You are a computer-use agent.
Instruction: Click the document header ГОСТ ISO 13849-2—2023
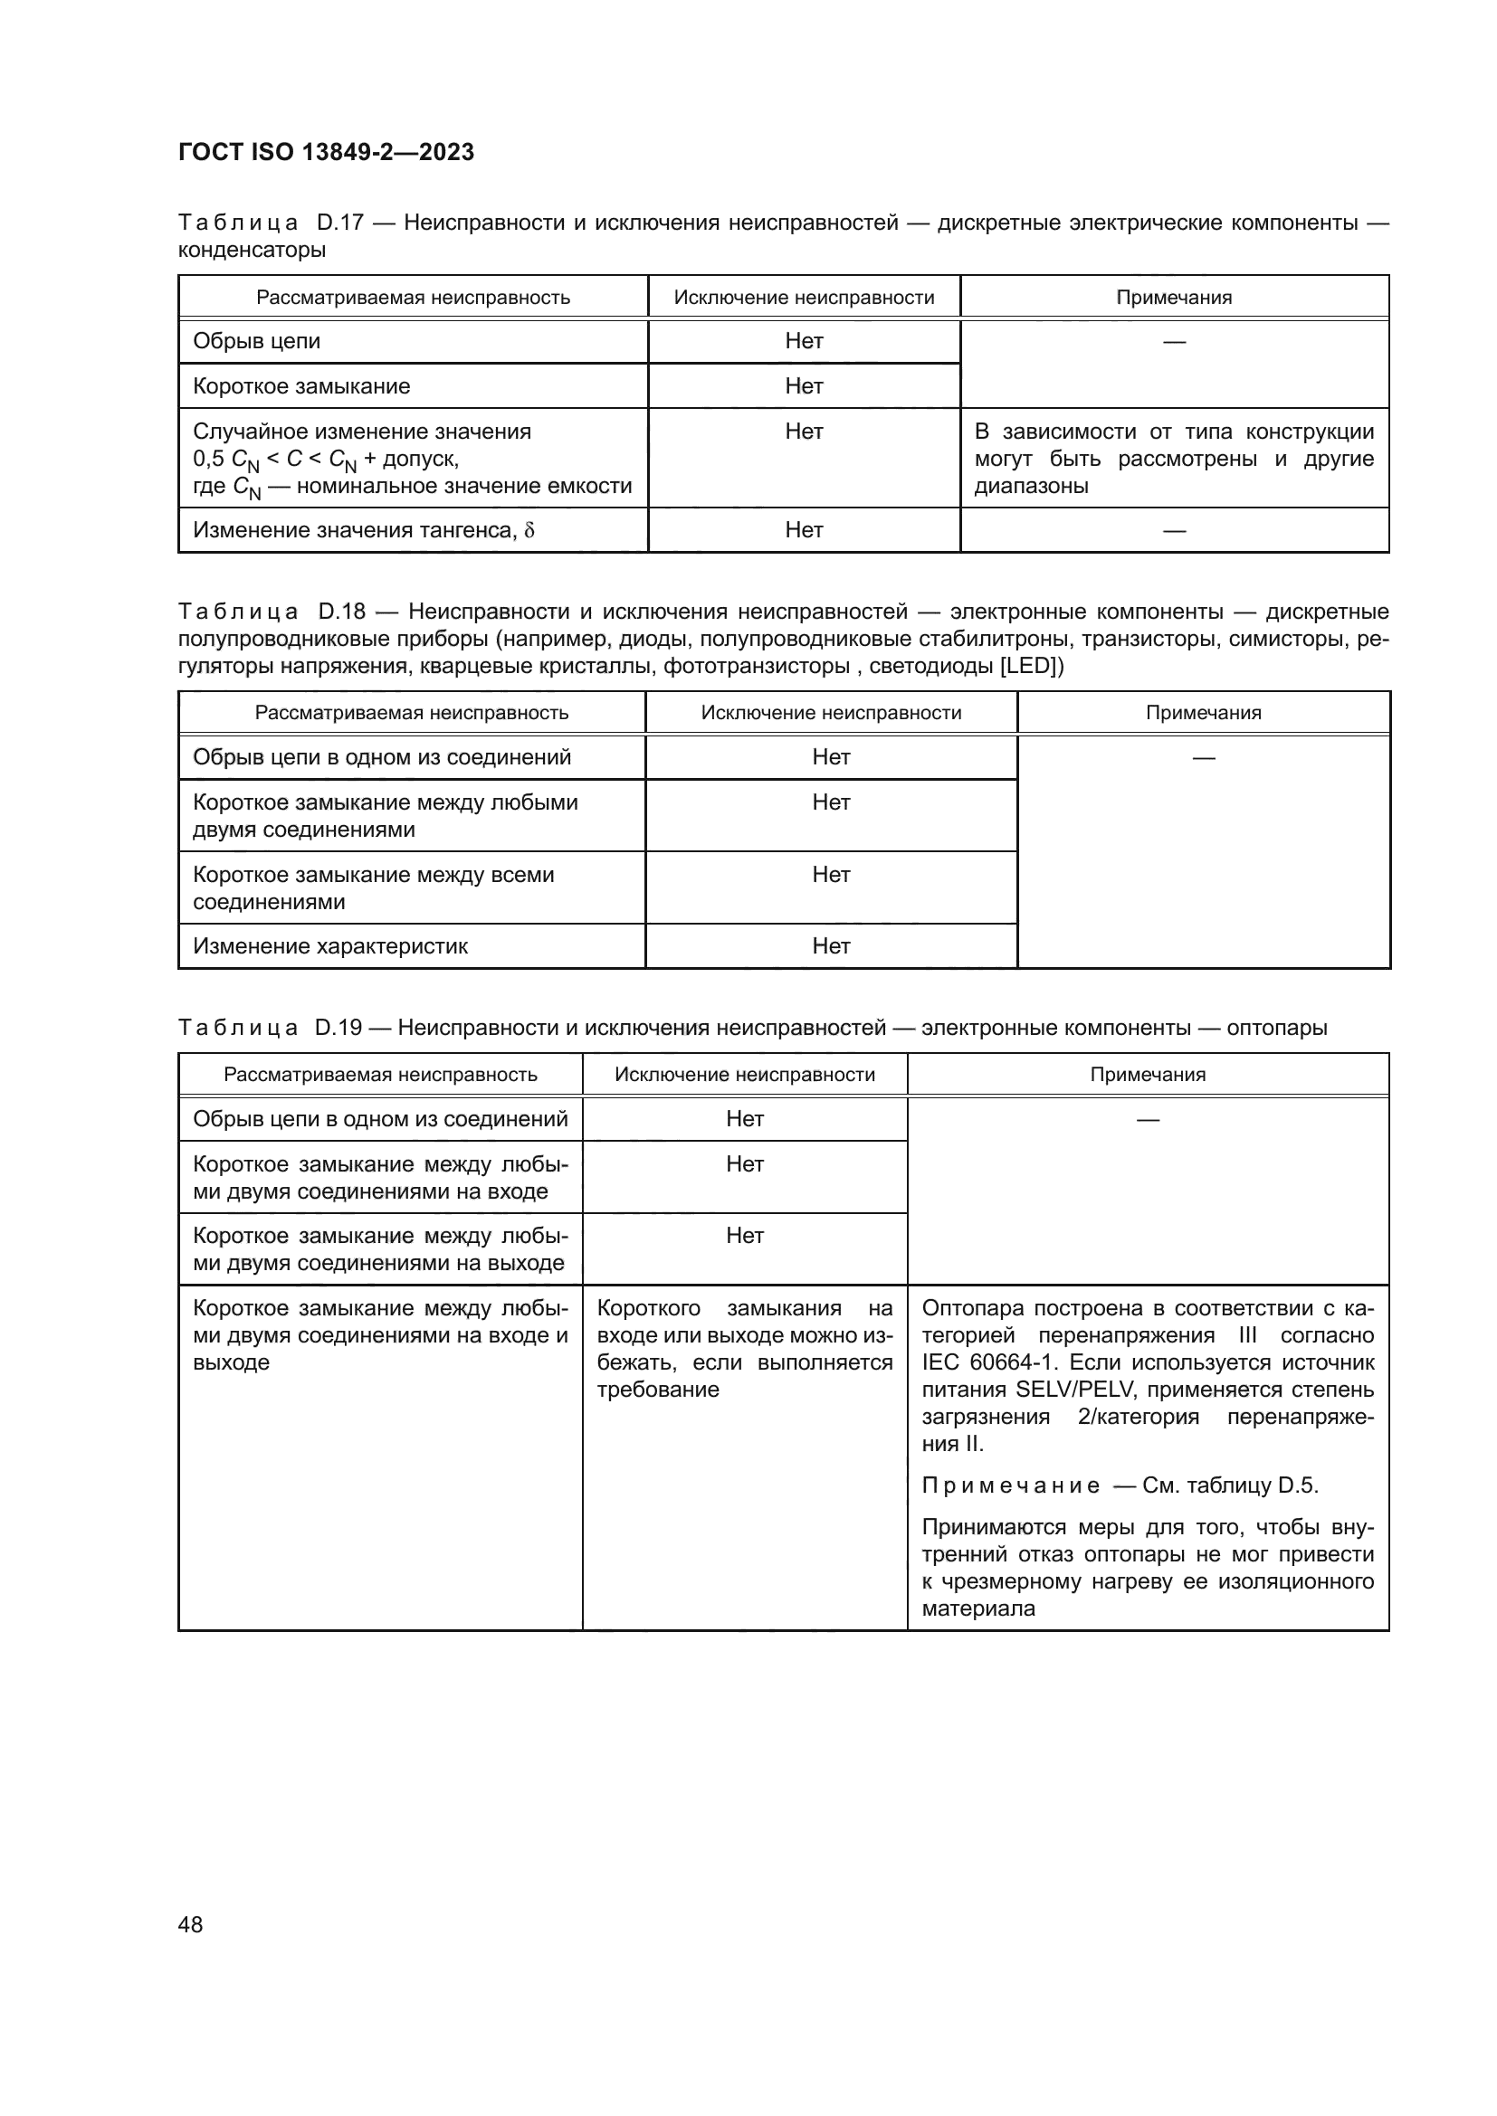[326, 152]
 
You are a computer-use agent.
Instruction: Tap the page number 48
[190, 1924]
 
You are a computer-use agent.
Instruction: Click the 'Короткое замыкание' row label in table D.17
[301, 386]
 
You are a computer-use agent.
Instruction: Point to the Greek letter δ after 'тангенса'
[529, 531]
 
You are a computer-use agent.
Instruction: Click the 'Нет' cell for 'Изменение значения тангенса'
[804, 530]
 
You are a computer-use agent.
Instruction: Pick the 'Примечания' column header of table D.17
[1174, 298]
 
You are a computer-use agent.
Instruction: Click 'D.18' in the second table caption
[342, 612]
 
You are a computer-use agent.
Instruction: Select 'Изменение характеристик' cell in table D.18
[330, 946]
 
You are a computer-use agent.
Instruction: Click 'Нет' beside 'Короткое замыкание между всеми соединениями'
[831, 875]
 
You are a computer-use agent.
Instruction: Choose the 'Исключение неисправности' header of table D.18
[831, 713]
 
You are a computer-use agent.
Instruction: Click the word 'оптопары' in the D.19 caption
[1277, 1028]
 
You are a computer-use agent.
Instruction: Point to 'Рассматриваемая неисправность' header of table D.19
[380, 1075]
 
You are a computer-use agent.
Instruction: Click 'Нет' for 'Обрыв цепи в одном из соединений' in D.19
[745, 1119]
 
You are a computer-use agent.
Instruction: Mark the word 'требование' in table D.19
[657, 1390]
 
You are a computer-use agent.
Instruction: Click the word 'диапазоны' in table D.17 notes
[1031, 486]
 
